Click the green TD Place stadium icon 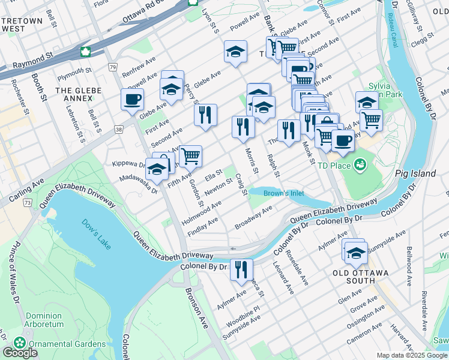coord(360,164)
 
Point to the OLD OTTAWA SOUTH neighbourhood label coord(360,273)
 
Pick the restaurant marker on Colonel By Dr coord(241,269)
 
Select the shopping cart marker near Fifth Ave coord(190,156)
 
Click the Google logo coord(20,353)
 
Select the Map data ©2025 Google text coord(411,355)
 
